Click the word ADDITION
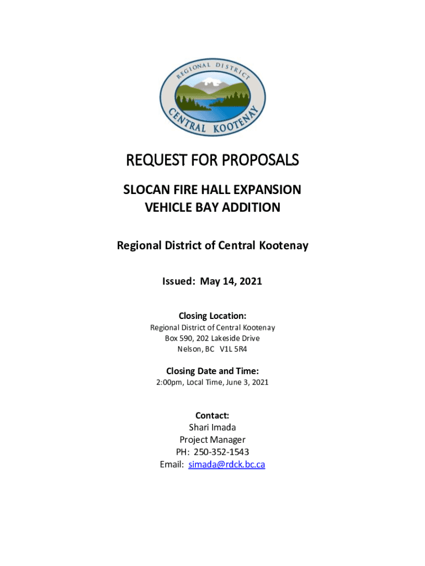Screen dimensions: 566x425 pos(252,208)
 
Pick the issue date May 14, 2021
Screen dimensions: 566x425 pos(231,281)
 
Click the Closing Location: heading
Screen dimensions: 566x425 pos(212,316)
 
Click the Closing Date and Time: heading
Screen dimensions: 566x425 pos(212,371)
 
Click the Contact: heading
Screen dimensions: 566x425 pos(212,415)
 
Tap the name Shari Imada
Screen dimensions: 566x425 pos(212,427)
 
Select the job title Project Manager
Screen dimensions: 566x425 pos(212,440)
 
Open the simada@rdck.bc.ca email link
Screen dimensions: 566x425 pos(226,464)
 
